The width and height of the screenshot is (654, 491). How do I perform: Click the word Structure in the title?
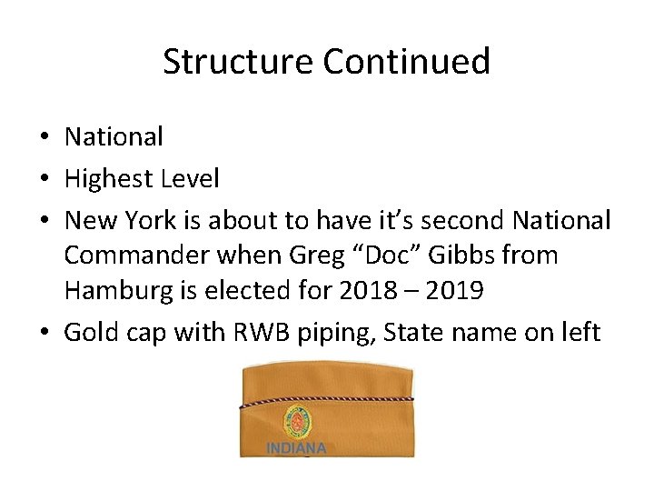coord(238,62)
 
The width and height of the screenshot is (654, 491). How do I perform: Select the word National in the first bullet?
coord(114,137)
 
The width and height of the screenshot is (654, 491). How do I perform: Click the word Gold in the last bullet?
coord(89,333)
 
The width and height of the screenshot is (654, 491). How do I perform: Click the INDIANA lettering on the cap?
coord(296,448)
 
